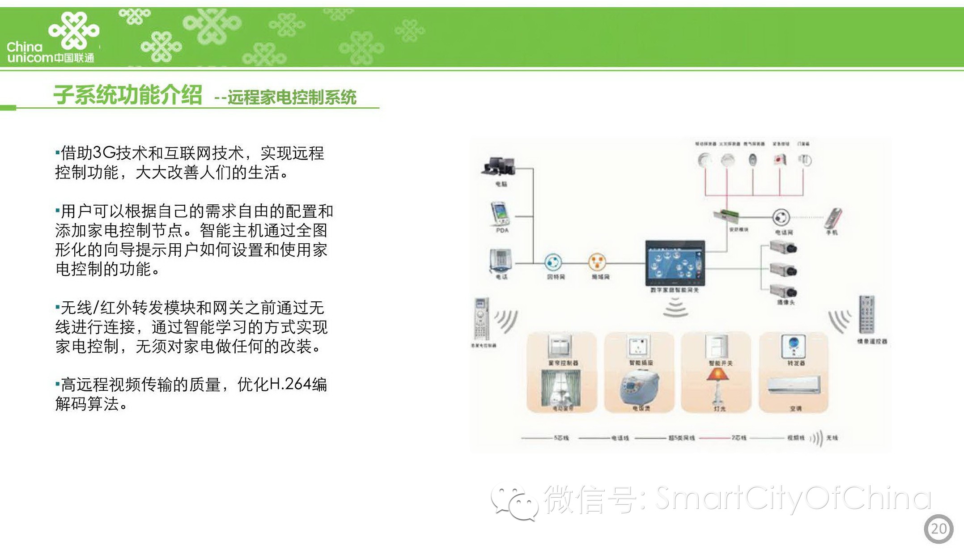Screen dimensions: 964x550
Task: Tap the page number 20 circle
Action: point(938,529)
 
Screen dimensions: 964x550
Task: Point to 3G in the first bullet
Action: point(104,153)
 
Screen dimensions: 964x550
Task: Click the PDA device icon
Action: point(501,214)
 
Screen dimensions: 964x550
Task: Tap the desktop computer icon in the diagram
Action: point(499,166)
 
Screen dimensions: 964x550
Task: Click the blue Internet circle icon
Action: point(553,262)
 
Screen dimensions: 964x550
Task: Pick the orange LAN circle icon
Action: point(597,262)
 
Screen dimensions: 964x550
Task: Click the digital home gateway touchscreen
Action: point(675,263)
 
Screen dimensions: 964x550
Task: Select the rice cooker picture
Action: point(639,387)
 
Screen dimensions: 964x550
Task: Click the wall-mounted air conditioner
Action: point(794,385)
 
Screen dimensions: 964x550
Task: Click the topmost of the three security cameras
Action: point(783,247)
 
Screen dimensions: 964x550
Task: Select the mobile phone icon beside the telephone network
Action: point(833,219)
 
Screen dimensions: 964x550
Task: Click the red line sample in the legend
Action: point(714,438)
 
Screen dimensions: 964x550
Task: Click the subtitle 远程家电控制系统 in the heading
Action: point(292,97)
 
